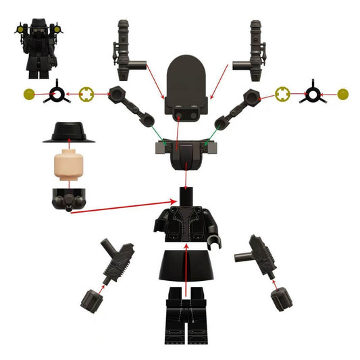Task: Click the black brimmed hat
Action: (68, 132)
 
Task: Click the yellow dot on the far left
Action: (28, 95)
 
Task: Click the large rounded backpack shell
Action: (186, 84)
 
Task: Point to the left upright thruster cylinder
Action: (123, 51)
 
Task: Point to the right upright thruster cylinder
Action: (256, 51)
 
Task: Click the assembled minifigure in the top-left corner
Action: (39, 47)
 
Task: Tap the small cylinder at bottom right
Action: (279, 298)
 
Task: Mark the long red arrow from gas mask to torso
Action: (122, 206)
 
